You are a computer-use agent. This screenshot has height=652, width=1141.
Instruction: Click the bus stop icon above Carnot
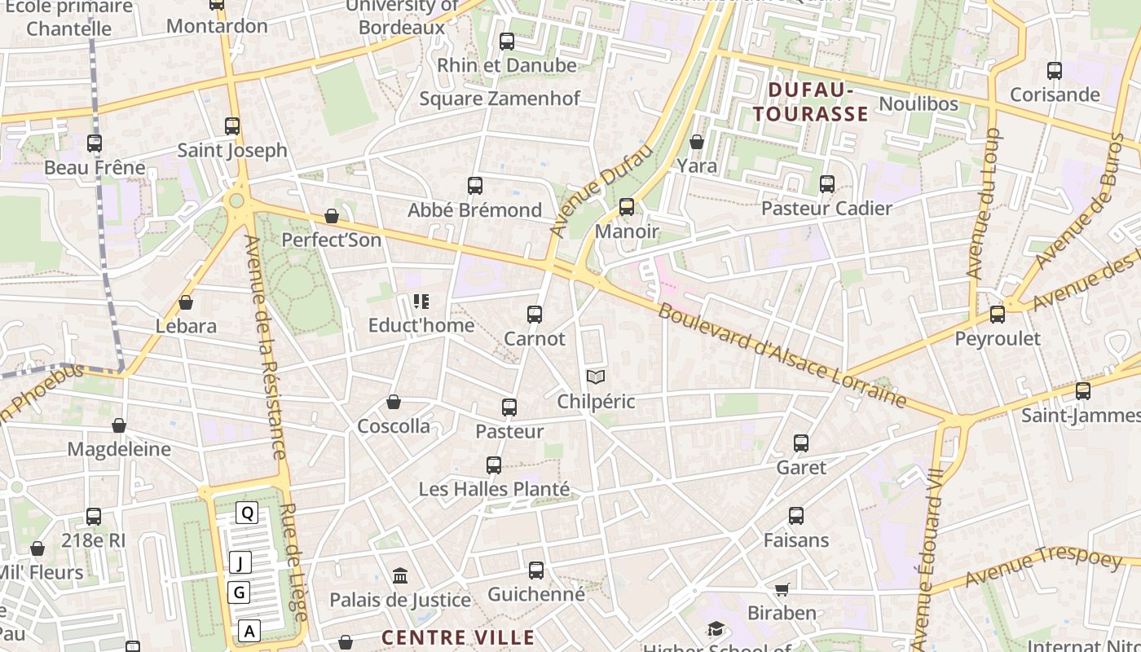(535, 314)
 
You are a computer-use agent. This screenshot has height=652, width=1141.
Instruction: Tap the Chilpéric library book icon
(596, 377)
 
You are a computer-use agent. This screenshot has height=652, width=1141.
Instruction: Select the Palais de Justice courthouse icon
(400, 576)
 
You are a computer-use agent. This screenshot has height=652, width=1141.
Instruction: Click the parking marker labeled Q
(247, 513)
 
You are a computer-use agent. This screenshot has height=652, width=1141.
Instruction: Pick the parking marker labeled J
(240, 562)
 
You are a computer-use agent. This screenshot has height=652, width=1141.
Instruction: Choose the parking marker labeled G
(239, 593)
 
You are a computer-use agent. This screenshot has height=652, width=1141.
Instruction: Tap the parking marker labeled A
(249, 630)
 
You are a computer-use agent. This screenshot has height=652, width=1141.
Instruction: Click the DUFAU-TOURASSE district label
(810, 102)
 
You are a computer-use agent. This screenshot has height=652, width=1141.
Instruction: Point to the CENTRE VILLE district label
(458, 637)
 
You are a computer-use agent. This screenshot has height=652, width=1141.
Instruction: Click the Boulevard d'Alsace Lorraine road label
(782, 355)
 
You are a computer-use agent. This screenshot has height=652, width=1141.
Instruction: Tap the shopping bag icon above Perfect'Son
(331, 216)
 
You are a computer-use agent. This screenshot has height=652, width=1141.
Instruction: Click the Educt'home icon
(421, 302)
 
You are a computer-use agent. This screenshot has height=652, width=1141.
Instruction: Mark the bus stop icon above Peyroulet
(997, 314)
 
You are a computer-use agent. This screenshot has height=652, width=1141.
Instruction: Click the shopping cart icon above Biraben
(782, 589)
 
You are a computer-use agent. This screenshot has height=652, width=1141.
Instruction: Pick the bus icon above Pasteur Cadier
(827, 184)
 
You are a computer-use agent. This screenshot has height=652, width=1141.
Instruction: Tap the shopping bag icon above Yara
(697, 142)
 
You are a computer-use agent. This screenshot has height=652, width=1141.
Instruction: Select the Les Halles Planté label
(494, 489)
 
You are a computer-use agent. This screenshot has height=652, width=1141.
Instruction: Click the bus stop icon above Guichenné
(536, 570)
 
